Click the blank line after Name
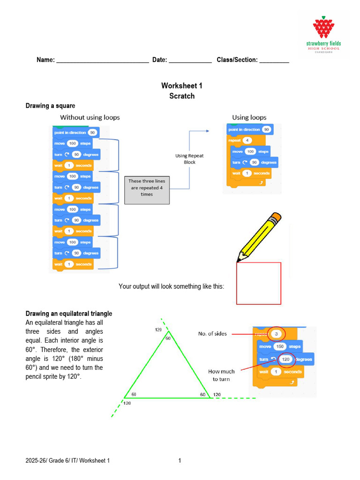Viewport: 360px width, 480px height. click(102, 60)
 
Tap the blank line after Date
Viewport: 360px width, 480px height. click(190, 60)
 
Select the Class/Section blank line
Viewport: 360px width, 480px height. click(274, 60)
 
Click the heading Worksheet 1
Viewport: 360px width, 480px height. click(181, 86)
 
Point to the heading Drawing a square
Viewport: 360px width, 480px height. click(50, 106)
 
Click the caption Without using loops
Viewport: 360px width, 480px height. click(90, 117)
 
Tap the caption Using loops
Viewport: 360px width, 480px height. click(249, 117)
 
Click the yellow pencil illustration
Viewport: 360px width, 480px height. click(259, 237)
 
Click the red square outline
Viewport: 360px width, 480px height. click(259, 284)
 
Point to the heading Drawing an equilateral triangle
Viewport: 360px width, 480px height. click(69, 314)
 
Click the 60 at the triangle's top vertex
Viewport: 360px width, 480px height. click(168, 338)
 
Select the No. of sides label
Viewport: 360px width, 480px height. click(212, 334)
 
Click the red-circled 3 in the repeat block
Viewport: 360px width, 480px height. click(276, 334)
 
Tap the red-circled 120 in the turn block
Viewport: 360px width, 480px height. click(286, 360)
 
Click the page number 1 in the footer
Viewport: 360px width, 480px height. click(180, 461)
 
